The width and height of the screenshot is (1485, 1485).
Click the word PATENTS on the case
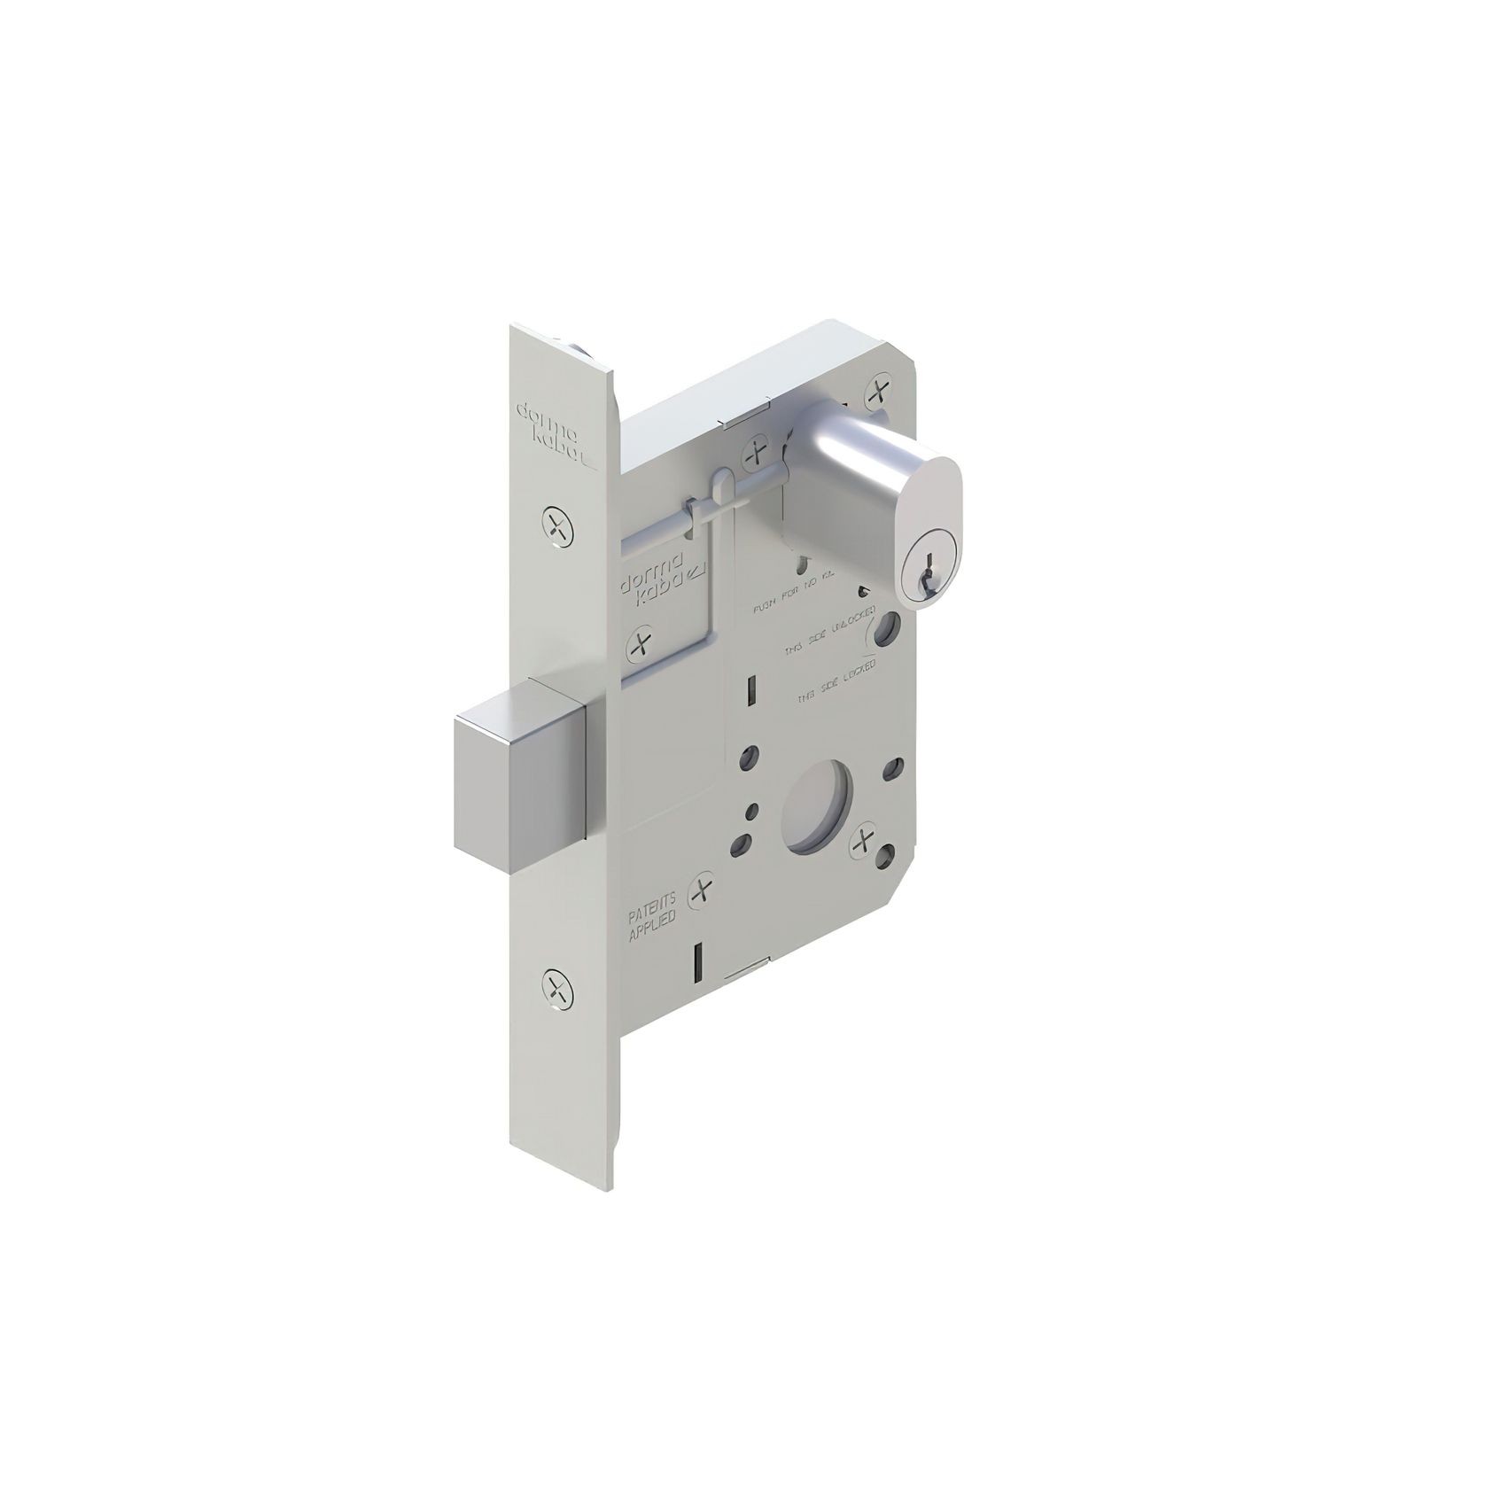click(x=652, y=900)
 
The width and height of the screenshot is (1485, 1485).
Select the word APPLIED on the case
click(x=652, y=919)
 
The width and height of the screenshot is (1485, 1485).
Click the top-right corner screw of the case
click(x=877, y=391)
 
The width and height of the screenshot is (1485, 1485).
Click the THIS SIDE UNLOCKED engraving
click(x=829, y=630)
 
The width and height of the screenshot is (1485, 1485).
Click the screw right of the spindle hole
click(x=862, y=844)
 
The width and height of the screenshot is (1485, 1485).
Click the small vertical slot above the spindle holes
click(x=750, y=713)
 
